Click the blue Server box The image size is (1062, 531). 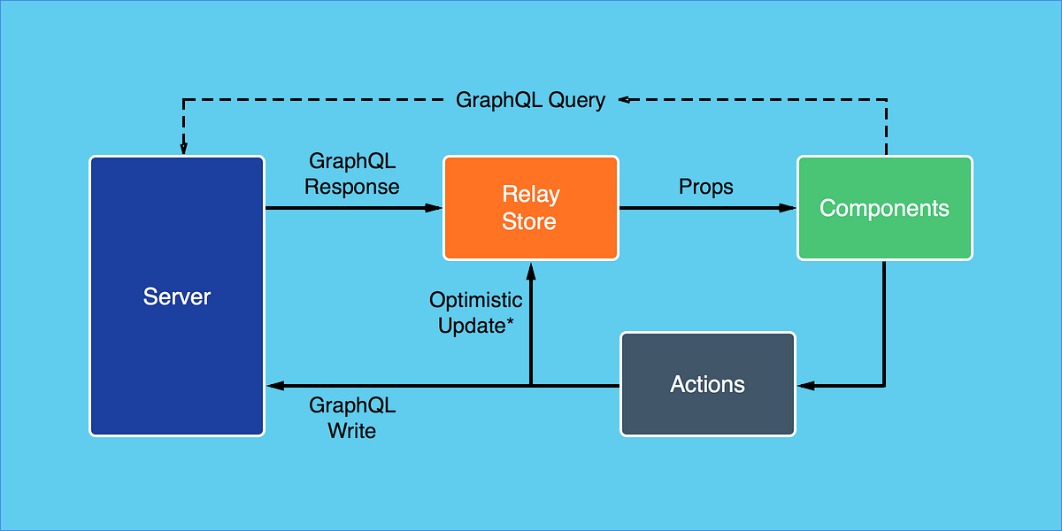(x=177, y=296)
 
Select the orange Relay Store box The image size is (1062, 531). (x=530, y=208)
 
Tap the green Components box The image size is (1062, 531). (x=884, y=208)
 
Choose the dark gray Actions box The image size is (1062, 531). (x=707, y=384)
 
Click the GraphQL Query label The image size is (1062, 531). (x=530, y=100)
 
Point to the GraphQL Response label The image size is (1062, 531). (x=352, y=174)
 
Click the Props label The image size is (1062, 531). (x=706, y=187)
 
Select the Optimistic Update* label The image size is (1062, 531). (x=476, y=312)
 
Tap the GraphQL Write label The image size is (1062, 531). (x=352, y=418)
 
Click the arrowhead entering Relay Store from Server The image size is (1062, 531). (x=434, y=208)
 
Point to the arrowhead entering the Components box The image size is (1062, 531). (x=788, y=208)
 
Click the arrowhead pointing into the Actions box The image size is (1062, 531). (x=805, y=385)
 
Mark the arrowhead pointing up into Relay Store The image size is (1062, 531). (x=530, y=269)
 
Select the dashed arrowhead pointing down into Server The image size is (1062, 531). (x=184, y=147)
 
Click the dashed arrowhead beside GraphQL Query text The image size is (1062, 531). (x=624, y=99)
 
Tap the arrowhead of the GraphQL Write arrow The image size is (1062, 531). (x=274, y=385)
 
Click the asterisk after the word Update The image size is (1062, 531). (x=510, y=322)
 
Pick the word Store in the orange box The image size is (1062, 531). (x=529, y=221)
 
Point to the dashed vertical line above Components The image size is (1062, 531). (x=886, y=128)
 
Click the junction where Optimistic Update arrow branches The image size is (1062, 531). (x=530, y=385)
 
